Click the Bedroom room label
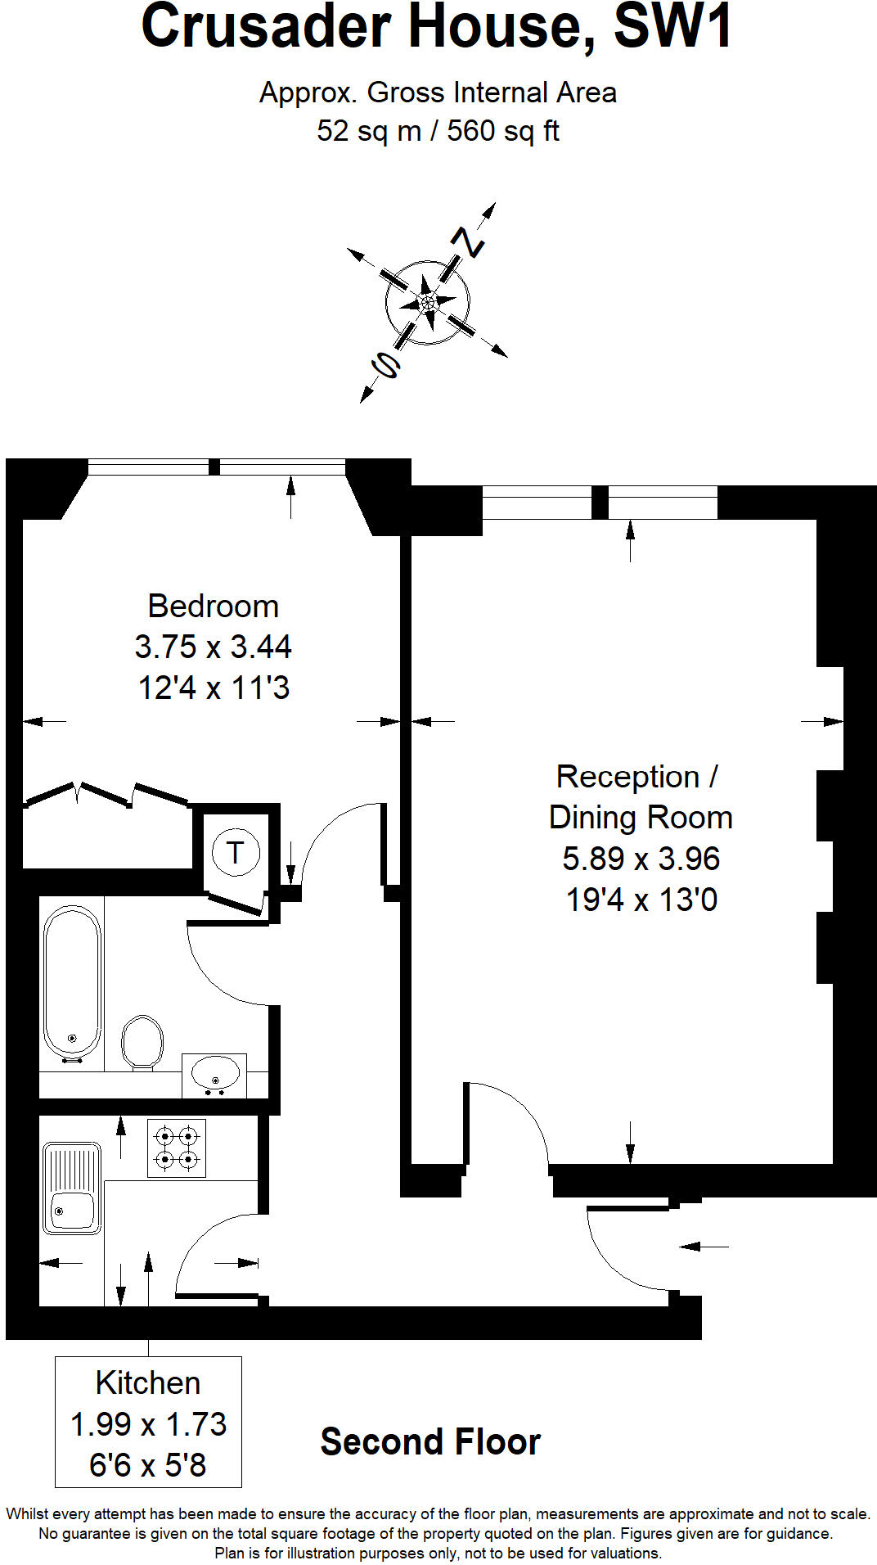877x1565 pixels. pos(213,607)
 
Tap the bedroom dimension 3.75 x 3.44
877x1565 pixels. pos(213,647)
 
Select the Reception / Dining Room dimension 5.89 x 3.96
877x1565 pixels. pos(641,859)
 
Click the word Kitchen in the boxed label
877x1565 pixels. pos(148,1383)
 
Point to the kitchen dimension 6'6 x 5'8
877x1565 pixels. pos(148,1465)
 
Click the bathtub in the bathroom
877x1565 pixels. pos(72,982)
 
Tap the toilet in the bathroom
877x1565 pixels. pos(142,1041)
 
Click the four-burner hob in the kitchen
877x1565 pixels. pos(177,1148)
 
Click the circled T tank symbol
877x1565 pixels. pos(236,853)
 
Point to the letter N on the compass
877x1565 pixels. pos(468,241)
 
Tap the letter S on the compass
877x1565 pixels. pos(385,365)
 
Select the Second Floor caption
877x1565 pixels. pos(430,1442)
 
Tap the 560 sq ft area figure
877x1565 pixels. pos(503,131)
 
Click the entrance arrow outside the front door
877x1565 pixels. pos(704,1246)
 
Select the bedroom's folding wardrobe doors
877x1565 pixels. pos(106,793)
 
